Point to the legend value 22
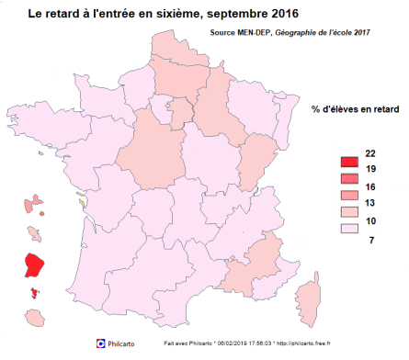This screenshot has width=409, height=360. point(369,152)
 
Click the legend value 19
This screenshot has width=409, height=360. point(369,170)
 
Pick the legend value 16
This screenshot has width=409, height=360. point(369,186)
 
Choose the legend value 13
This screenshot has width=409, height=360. point(369,204)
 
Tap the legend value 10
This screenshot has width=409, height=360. point(369,221)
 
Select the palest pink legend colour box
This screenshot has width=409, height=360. point(348,231)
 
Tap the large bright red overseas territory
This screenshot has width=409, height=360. point(36,264)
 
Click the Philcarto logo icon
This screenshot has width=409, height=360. point(102,343)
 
